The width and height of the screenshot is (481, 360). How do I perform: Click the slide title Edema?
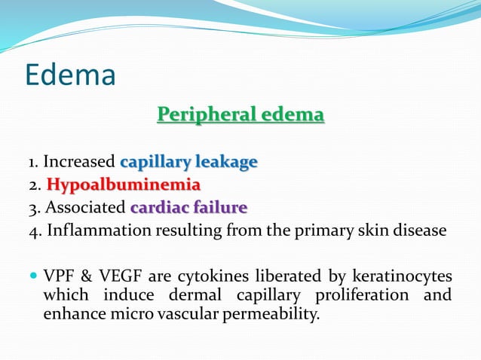[70, 75]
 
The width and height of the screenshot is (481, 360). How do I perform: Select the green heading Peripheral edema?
[240, 115]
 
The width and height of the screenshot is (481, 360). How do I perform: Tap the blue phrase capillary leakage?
[188, 161]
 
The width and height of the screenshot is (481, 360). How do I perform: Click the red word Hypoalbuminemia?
[124, 185]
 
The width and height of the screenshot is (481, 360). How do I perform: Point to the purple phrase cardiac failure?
[188, 207]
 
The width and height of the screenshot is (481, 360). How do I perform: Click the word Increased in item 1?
[79, 162]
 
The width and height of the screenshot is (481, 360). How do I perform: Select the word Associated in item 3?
[85, 208]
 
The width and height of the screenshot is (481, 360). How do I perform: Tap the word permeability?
[274, 313]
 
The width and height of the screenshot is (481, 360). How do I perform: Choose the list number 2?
[34, 185]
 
